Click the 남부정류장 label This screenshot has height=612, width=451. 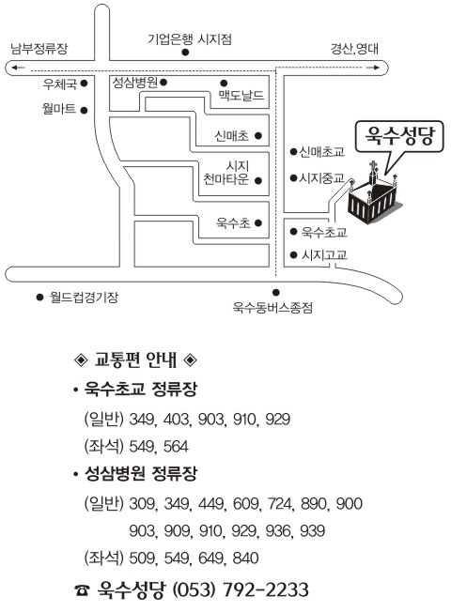pos(39,49)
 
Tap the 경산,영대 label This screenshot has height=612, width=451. pos(354,49)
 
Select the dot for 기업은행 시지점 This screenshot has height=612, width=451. pos(185,52)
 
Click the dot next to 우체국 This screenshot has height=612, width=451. pos(84,84)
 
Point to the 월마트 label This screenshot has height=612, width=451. pos(59,109)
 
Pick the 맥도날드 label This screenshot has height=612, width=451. pos(241,96)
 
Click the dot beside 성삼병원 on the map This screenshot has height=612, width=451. pos(163,83)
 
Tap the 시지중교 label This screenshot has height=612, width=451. pos(321,178)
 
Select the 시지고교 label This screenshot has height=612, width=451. pos(324,255)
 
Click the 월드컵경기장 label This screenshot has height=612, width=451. pos(84,298)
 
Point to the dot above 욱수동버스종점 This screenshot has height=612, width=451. pos(276,292)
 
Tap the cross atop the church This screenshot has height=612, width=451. pos(374,166)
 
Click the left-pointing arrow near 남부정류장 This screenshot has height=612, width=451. pos(18,68)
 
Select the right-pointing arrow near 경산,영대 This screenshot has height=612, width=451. pos(373,68)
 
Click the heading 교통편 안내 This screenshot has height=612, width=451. pos(135,360)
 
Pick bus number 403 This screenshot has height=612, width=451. pos(177,420)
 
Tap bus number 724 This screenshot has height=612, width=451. pos(280,503)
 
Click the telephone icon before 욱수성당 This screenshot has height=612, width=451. pos(82,590)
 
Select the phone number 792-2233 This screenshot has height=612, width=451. pos(265,589)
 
